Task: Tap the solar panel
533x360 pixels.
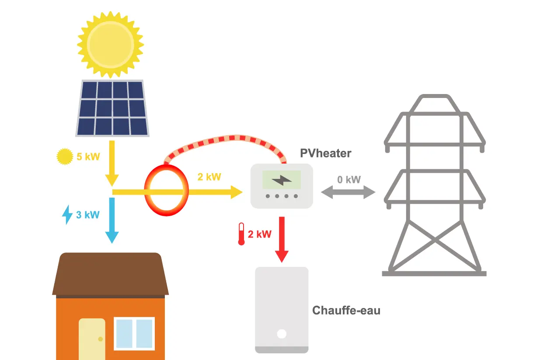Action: (113, 108)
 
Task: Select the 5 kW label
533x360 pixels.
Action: (88, 157)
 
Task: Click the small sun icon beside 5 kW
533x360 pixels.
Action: (65, 157)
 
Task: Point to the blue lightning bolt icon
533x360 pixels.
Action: (67, 215)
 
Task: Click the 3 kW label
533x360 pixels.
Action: (88, 215)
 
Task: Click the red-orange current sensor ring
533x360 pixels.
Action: (167, 192)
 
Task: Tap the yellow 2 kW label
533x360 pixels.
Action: (209, 177)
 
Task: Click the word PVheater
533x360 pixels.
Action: (325, 154)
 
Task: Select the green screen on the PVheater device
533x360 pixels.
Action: (282, 180)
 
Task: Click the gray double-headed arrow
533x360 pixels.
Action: (348, 192)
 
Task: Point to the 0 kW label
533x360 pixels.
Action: (349, 179)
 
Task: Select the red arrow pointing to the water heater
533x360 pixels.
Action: (282, 239)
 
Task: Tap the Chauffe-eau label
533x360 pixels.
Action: (346, 311)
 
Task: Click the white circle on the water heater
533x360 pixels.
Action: (282, 334)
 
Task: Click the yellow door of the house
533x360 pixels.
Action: (92, 339)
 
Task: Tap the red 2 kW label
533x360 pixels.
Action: (260, 234)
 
